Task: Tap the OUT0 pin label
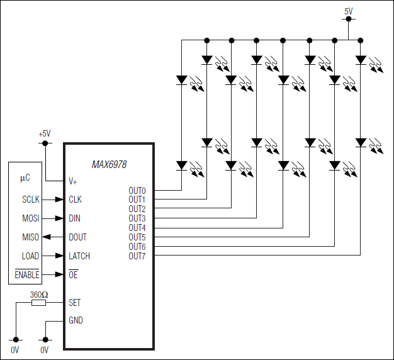[x=137, y=190]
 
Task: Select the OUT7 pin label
[x=137, y=256]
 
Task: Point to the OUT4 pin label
[x=137, y=228]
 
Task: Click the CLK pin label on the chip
[x=76, y=200]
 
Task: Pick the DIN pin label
[x=75, y=218]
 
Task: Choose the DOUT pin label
[x=78, y=237]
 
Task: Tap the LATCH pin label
[x=79, y=256]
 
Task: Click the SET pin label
[x=75, y=303]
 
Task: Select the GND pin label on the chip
[x=76, y=320]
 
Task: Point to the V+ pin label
[x=73, y=181]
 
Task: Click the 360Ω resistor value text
[x=39, y=294]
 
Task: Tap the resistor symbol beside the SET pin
[x=39, y=303]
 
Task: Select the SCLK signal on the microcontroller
[x=30, y=200]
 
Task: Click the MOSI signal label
[x=30, y=218]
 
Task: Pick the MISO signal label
[x=30, y=237]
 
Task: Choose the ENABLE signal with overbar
[x=27, y=275]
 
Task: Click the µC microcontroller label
[x=25, y=178]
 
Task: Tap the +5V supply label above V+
[x=45, y=133]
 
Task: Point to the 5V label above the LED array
[x=349, y=11]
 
